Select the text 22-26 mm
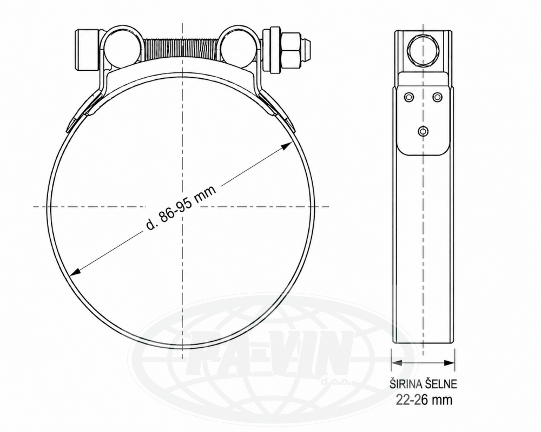(x=424, y=400)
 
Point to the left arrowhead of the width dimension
(x=397, y=362)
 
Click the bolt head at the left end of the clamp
(x=87, y=50)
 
